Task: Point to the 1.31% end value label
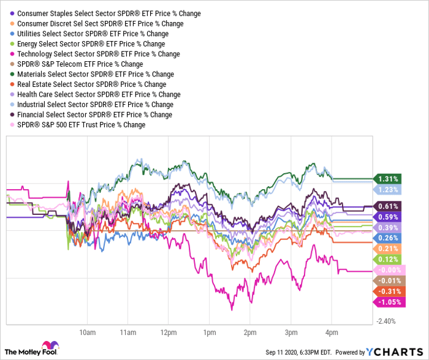coord(387,179)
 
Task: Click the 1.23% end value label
coord(387,190)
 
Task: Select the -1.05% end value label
coord(387,301)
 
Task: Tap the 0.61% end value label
coord(387,206)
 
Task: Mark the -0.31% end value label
coord(387,291)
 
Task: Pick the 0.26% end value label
coord(387,238)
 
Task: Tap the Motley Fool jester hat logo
coord(50,347)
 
